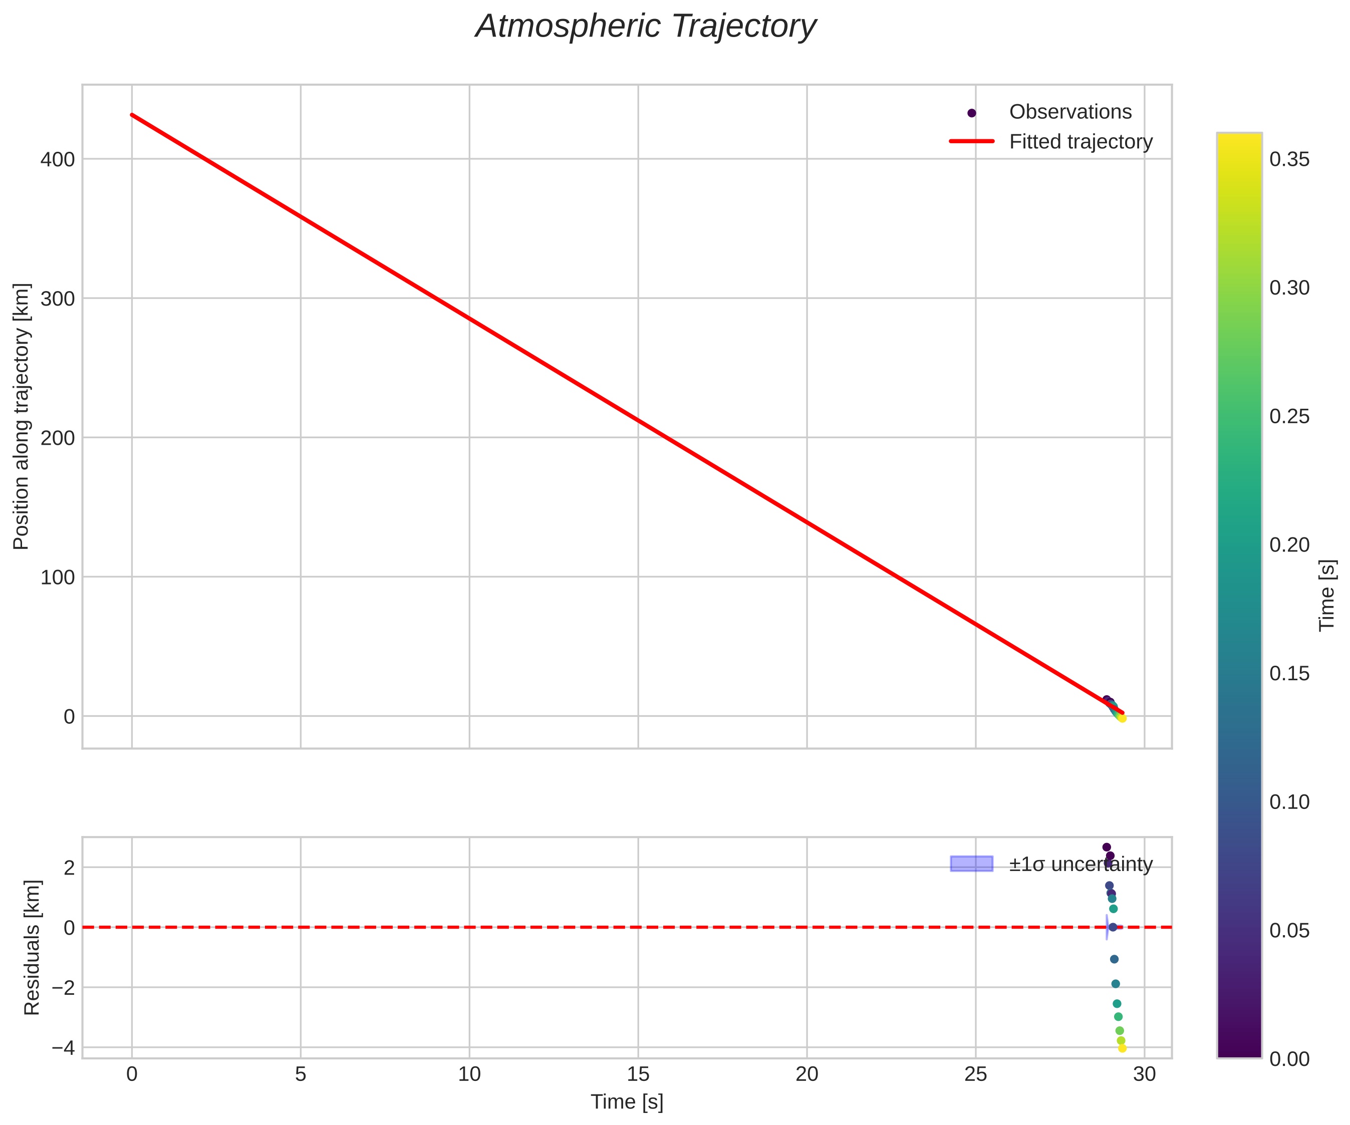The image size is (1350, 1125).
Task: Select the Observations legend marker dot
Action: pyautogui.click(x=971, y=113)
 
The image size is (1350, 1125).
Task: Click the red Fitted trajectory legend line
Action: pyautogui.click(x=971, y=141)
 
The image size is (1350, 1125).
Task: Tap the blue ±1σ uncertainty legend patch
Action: pyautogui.click(x=971, y=864)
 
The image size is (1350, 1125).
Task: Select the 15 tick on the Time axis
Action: pyautogui.click(x=638, y=1074)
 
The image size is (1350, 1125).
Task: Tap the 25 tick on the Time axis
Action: pyautogui.click(x=975, y=1074)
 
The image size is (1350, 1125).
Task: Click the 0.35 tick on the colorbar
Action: pyautogui.click(x=1289, y=159)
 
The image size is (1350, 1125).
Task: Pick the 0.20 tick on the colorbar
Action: pyautogui.click(x=1289, y=545)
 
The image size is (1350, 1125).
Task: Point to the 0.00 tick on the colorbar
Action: pyautogui.click(x=1289, y=1059)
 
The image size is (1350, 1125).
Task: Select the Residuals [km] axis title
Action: pyautogui.click(x=32, y=948)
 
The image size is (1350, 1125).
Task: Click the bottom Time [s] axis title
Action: pyautogui.click(x=627, y=1102)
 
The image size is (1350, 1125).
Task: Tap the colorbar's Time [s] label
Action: pyautogui.click(x=1327, y=595)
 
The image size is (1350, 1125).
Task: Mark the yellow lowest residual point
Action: pyautogui.click(x=1123, y=1048)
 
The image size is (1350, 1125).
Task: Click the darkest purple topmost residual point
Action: pyautogui.click(x=1107, y=848)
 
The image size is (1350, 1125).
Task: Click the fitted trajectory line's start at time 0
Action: pyautogui.click(x=132, y=115)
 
